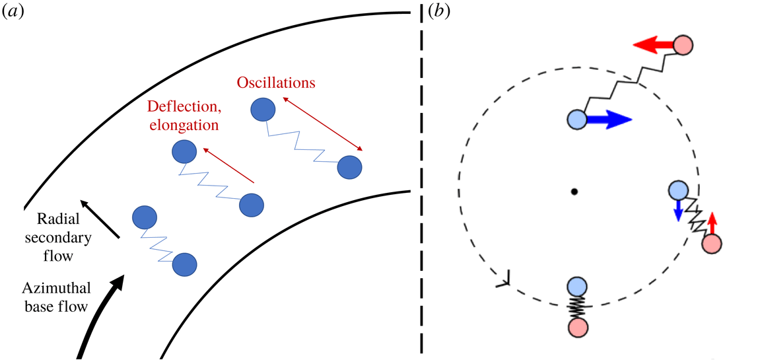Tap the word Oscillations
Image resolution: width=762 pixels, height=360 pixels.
tap(277, 83)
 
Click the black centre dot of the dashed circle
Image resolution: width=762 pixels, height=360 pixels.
tap(574, 192)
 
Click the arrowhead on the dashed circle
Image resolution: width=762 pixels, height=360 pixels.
tap(502, 281)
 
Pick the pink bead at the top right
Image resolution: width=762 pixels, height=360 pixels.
tap(684, 45)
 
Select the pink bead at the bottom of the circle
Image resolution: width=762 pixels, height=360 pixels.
tap(577, 328)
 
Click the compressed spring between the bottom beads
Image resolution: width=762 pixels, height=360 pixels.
tap(577, 307)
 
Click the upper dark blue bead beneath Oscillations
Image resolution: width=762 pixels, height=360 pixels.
tap(264, 110)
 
